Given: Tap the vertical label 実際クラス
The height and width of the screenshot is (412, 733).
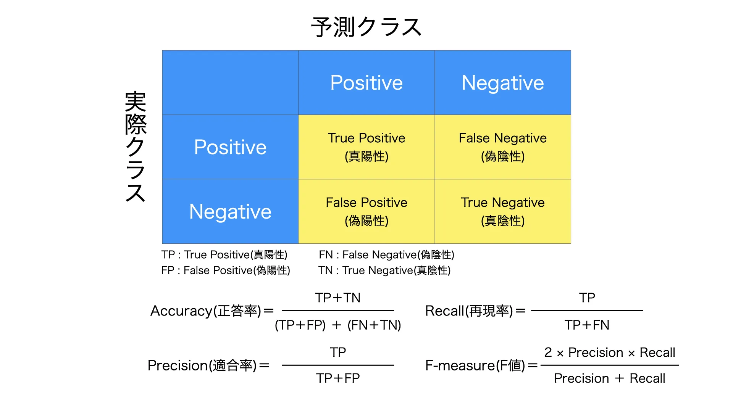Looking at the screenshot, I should click(136, 146).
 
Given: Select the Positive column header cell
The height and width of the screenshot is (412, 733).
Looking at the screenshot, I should click(366, 82).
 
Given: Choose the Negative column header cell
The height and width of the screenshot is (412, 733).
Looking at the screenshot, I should click(503, 82).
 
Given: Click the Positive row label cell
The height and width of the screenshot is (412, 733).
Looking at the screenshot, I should click(230, 147).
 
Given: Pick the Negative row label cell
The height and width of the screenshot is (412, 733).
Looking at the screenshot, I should click(230, 211).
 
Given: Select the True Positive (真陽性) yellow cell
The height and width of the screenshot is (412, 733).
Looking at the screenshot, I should click(366, 147).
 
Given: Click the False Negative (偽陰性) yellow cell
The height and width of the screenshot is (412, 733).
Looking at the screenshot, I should click(503, 147).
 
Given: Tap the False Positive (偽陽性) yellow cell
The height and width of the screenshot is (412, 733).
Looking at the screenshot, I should click(366, 211).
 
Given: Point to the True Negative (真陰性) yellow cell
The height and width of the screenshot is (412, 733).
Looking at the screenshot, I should click(503, 211).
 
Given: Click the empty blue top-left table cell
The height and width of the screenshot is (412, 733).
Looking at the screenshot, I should click(230, 82).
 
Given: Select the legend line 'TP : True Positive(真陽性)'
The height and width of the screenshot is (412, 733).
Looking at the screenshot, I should click(224, 254).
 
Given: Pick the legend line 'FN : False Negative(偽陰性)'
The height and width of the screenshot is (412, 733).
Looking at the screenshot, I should click(386, 254).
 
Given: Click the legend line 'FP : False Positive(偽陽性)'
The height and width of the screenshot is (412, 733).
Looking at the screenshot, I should click(226, 270).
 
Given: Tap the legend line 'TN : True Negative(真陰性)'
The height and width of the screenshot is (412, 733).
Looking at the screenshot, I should click(384, 270).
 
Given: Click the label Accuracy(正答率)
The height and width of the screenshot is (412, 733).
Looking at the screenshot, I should click(206, 311).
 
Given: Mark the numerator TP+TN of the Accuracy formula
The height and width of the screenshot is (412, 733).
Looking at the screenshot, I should click(338, 298).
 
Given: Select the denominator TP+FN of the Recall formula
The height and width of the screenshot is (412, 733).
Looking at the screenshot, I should click(587, 325).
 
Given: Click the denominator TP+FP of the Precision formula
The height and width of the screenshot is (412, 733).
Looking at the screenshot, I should click(338, 378).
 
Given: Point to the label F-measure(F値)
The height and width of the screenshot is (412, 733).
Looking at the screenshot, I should click(475, 365).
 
